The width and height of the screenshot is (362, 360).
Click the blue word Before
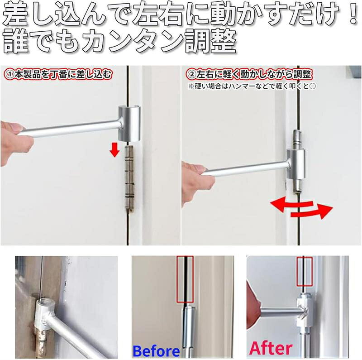pos(156,351)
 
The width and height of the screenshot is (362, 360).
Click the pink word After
pos(271,348)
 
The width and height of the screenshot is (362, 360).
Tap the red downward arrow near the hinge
pos(114,150)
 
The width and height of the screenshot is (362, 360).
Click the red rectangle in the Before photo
pos(185,279)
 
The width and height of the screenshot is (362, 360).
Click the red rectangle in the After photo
pos(305,272)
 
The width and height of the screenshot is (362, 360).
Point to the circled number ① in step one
pos(9,75)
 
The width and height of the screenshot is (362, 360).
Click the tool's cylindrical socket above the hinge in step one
pos(129,123)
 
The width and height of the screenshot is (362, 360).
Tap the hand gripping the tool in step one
pos(15,143)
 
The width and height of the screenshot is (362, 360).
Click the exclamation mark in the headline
pos(353,14)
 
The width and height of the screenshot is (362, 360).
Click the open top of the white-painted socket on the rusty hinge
pos(44,302)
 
